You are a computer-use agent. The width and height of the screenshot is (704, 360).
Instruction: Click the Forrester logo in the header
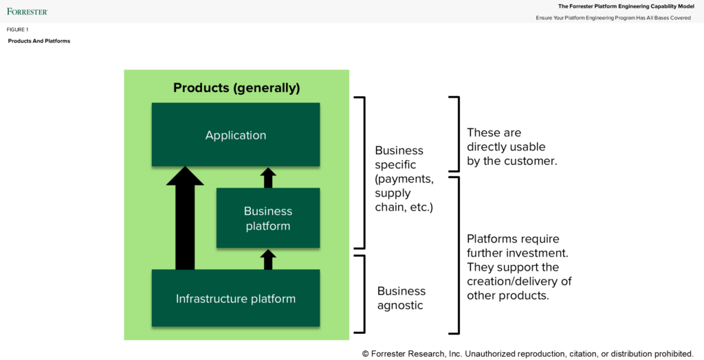point(27,11)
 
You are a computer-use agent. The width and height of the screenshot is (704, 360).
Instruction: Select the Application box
point(235,135)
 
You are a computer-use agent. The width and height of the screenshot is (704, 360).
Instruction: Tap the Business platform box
point(268,218)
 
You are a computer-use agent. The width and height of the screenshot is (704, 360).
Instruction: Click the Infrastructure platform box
point(235,298)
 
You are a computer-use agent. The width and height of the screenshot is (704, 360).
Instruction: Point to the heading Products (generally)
point(236,88)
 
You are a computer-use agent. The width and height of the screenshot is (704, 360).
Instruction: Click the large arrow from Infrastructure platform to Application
point(185,220)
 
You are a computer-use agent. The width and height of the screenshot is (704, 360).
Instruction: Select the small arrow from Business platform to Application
point(268,178)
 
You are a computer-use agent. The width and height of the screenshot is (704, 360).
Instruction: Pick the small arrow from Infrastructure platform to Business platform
point(268,259)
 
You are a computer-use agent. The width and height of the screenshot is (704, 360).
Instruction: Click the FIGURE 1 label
point(17,30)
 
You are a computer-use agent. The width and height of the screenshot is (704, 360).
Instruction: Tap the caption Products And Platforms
point(39,41)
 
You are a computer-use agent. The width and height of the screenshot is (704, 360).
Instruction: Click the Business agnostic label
point(401,297)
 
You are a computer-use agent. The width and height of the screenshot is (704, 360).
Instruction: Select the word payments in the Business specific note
point(404,179)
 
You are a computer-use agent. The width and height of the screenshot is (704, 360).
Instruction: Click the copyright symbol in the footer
point(366,354)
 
